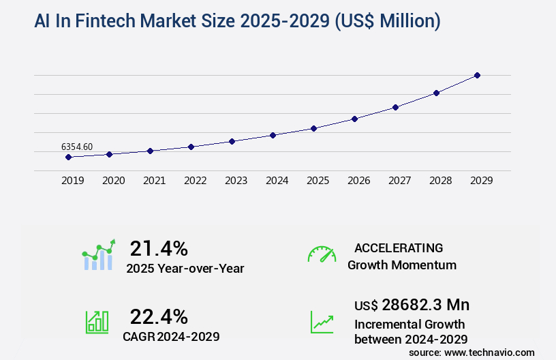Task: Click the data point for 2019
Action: [68, 157]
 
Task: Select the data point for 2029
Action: [477, 75]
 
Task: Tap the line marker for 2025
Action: [313, 128]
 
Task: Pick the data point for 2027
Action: [395, 107]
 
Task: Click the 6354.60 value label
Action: [77, 147]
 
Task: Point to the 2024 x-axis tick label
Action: [277, 181]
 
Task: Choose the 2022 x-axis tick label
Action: [195, 181]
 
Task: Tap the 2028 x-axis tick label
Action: [440, 181]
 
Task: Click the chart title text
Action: [237, 22]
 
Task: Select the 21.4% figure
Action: [159, 247]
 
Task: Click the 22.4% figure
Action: [159, 316]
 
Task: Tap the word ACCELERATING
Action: [399, 247]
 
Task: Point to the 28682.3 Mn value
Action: [412, 304]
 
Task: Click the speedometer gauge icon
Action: [322, 254]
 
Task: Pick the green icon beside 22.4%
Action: [97, 322]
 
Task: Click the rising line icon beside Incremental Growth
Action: [322, 322]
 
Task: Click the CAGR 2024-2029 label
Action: [171, 336]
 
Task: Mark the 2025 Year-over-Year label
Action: [185, 269]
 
